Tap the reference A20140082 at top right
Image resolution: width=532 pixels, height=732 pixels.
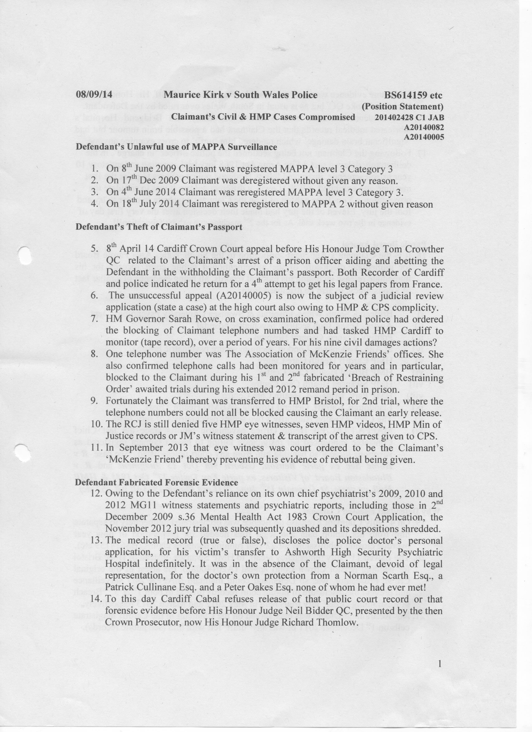424,127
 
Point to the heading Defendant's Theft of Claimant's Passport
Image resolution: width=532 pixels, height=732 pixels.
159,227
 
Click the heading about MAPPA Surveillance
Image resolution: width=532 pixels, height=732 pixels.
176,147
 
